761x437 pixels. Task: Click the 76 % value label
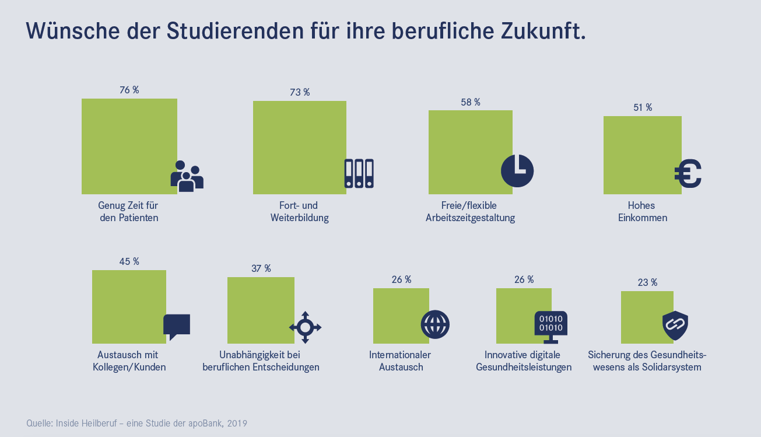click(x=129, y=90)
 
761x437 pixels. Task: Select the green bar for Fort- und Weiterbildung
click(x=299, y=147)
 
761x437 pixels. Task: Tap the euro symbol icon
click(x=688, y=174)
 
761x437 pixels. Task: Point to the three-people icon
click(x=187, y=176)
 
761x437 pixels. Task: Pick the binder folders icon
click(x=359, y=173)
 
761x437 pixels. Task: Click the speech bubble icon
click(x=177, y=326)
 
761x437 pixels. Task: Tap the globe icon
click(x=435, y=324)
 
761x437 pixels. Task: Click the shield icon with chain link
click(x=675, y=326)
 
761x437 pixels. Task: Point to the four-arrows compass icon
click(x=305, y=327)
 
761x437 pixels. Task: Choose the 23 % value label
click(x=647, y=282)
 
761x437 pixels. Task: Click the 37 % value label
click(x=261, y=268)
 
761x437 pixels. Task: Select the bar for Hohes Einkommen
click(x=642, y=155)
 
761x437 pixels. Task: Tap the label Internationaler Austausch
click(x=400, y=361)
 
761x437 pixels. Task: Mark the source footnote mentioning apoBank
click(x=137, y=423)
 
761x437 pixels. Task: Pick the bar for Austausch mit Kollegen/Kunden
click(x=129, y=306)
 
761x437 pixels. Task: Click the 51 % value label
click(x=642, y=107)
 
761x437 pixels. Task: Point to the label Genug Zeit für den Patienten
click(x=129, y=212)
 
